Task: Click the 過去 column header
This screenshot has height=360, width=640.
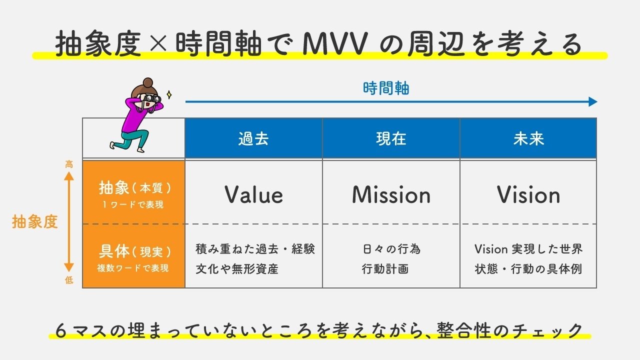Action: coord(253,139)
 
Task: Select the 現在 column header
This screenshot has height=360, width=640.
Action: coord(391,139)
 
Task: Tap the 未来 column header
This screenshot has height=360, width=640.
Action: coord(528,139)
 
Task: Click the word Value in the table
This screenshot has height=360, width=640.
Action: coord(253,194)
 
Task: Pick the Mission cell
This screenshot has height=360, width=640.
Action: coord(391,194)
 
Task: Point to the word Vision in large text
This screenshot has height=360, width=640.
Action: coord(528,194)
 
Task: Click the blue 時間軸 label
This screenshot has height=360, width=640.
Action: coord(386,88)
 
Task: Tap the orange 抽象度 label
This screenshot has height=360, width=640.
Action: coord(35,221)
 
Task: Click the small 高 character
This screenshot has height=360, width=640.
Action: coord(69,164)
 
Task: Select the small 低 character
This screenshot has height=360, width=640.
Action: coord(69,280)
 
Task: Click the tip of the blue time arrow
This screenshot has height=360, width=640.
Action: coord(597,101)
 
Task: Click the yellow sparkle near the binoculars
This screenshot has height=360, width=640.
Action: coord(169,94)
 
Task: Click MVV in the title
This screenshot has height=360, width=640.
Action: coord(335,44)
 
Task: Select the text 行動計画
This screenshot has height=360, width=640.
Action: coord(385,269)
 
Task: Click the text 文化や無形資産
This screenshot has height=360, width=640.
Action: coord(237,269)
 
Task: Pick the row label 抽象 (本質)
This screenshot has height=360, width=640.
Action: coord(134,188)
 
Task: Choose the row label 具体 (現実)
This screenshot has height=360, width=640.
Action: coord(134,251)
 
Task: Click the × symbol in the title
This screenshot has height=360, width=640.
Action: coord(158,43)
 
